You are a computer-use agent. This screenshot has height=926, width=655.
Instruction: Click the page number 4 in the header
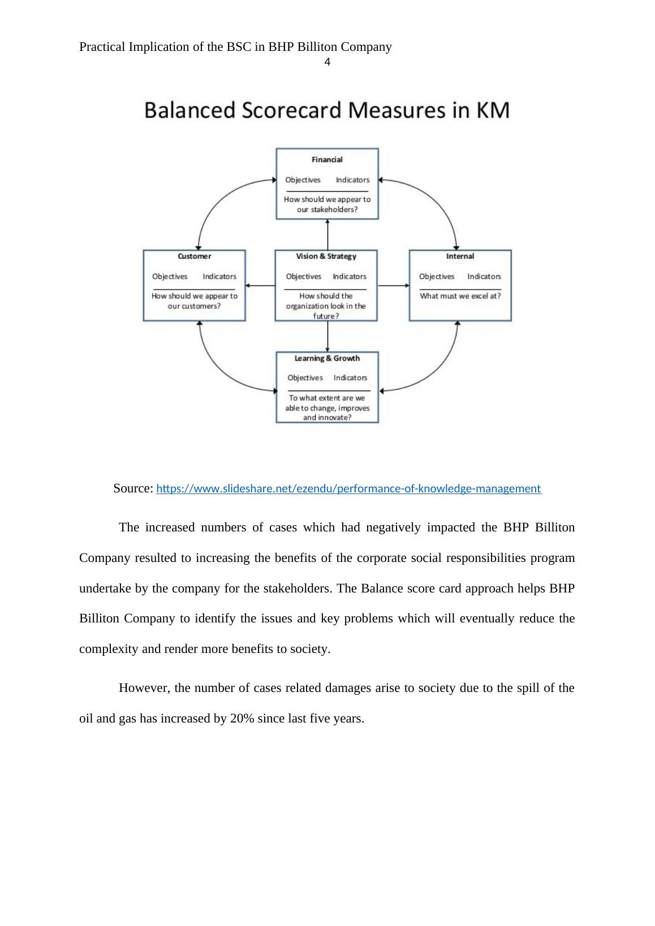pos(327,62)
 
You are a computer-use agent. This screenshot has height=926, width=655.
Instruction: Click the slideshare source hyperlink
pos(348,488)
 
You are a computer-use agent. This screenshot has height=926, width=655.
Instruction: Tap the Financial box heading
pos(327,159)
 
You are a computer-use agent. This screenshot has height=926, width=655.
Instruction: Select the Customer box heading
pos(194,256)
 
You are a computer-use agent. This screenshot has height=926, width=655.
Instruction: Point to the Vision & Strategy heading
pos(326,256)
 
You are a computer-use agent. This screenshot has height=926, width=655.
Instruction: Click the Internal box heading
pos(460,256)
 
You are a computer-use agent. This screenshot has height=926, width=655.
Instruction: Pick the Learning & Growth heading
pos(327,358)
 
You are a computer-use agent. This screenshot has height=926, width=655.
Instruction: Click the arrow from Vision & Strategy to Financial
pos(327,234)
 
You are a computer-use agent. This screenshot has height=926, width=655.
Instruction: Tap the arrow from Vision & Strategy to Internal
pos(393,285)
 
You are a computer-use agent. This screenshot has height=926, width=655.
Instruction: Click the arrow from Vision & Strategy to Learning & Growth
pos(327,336)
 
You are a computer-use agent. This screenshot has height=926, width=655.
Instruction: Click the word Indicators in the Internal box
pos(484,276)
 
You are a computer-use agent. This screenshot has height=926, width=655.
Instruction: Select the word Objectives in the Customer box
pos(170,276)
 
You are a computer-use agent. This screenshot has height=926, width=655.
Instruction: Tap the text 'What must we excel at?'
pos(460,296)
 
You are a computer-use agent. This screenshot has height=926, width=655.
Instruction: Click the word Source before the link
pos(132,488)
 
